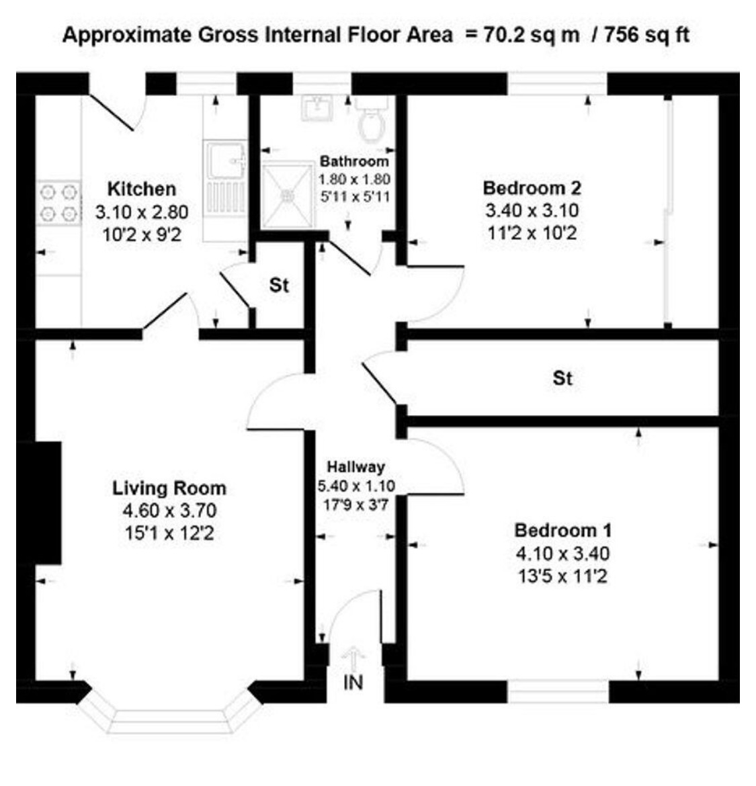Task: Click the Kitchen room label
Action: (142, 189)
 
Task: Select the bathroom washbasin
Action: (317, 108)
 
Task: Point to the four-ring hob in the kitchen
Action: (58, 202)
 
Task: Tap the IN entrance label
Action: (353, 683)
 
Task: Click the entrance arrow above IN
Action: (354, 658)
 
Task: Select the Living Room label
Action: (169, 488)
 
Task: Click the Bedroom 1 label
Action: (563, 530)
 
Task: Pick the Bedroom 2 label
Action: (532, 188)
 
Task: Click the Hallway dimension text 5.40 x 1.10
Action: (356, 486)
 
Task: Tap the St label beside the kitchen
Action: (280, 286)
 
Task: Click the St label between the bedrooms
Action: (562, 378)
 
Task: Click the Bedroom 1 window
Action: (558, 692)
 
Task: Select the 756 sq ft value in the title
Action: (646, 35)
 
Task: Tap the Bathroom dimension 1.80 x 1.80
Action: (355, 179)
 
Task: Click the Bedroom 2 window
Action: (558, 84)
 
